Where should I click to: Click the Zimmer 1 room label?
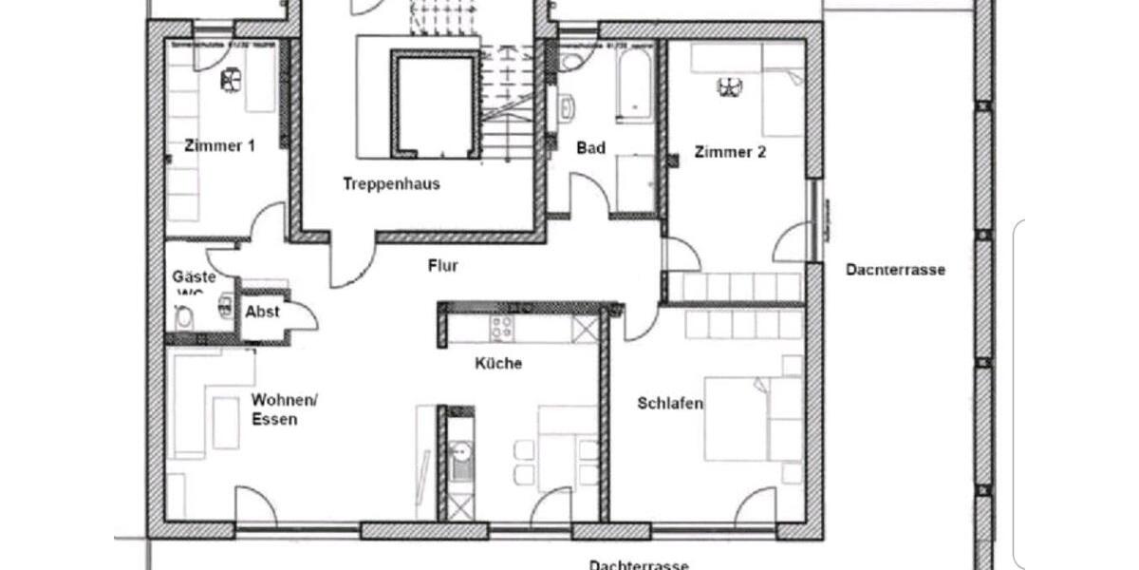219,146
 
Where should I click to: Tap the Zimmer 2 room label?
730,151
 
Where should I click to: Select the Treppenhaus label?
391,184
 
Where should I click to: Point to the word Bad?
591,148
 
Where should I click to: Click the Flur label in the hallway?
442,266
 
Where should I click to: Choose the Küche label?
498,363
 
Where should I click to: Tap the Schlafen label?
670,404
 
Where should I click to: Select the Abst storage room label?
262,312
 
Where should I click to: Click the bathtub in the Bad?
632,85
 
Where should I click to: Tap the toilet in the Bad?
572,63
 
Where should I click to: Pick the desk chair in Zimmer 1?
232,81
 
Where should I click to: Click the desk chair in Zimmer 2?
729,87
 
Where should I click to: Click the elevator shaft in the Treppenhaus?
433,104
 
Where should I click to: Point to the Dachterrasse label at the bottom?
638,565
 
